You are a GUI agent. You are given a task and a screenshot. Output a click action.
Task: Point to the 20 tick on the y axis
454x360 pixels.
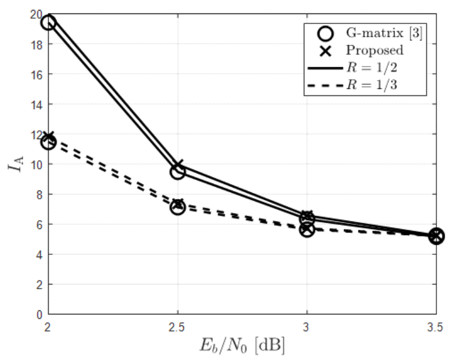tap(36, 15)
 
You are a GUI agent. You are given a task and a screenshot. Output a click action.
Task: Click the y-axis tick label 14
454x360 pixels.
tap(36, 105)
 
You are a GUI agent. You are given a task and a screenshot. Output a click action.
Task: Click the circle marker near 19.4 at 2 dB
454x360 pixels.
tap(48, 23)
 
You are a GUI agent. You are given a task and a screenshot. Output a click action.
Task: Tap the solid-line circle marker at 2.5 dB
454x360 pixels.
tap(177, 172)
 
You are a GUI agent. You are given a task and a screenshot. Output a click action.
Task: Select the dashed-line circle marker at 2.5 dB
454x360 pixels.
tap(177, 207)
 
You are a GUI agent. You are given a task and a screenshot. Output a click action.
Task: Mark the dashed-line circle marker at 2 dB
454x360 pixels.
tap(48, 142)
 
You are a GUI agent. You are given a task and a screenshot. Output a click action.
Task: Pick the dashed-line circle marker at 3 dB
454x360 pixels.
tap(307, 229)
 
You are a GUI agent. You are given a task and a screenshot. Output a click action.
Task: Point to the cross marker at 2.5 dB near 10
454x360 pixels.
tap(178, 166)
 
